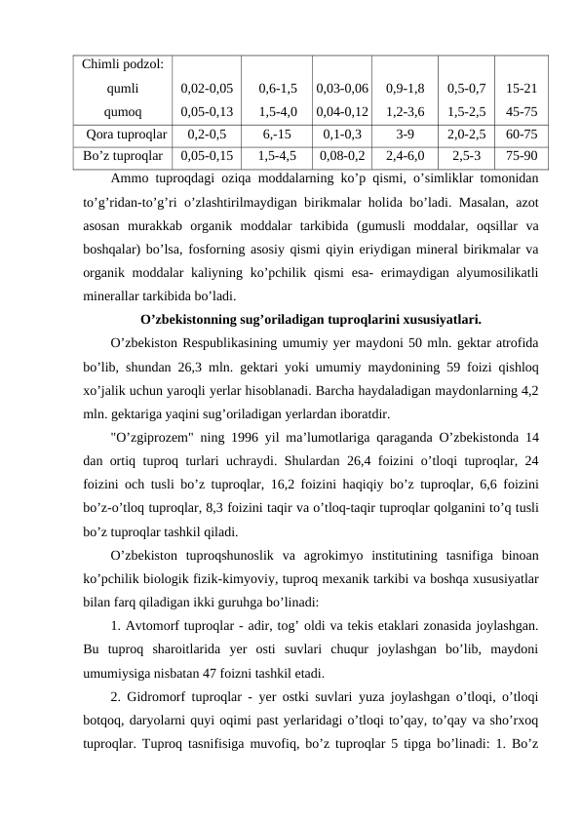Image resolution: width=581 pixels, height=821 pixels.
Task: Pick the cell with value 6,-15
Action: tap(278, 135)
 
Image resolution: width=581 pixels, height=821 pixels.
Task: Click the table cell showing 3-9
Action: tap(406, 135)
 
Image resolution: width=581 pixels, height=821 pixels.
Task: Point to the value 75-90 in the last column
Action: tap(520, 154)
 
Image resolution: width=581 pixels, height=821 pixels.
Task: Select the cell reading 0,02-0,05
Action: tap(207, 88)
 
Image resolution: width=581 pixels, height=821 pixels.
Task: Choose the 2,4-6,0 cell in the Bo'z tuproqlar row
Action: tap(406, 154)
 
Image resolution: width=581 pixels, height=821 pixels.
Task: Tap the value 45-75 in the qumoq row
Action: tap(520, 111)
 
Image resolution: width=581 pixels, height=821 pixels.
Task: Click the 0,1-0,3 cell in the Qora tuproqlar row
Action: tap(342, 135)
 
